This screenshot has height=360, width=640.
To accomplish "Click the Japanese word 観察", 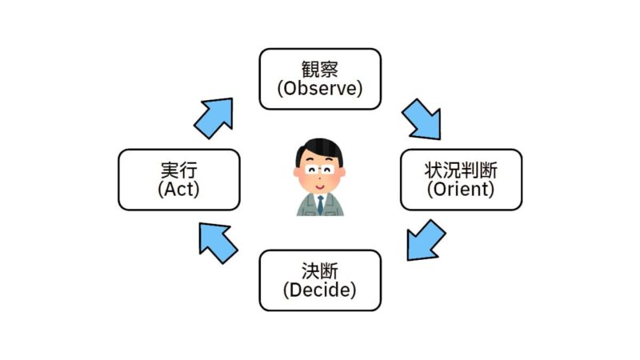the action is point(320,70).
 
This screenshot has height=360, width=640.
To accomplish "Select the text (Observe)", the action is point(320,88).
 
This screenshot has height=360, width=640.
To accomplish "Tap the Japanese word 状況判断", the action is point(461,170).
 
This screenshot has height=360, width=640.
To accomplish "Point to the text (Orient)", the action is point(461,189).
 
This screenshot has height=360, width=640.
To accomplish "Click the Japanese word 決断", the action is point(320,271).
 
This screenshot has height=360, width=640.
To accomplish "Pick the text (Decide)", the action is point(320,290).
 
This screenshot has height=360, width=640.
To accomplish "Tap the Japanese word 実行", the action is point(178,170).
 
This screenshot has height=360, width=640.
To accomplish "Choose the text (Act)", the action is point(178,189).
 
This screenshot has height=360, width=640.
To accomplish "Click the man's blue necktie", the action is point(321,205).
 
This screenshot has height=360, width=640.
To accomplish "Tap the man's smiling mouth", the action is point(320,187).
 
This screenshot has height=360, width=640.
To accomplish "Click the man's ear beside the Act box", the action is point(297,172).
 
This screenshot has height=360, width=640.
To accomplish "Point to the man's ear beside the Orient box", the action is point(342,172).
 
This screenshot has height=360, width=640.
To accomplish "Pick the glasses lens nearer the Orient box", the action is point(328,170).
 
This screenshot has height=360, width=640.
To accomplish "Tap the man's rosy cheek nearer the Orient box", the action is point(333,179).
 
